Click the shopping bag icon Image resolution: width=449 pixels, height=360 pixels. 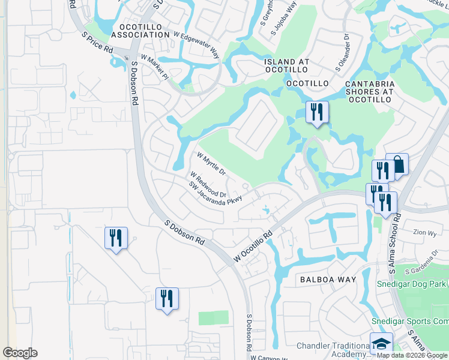click(397, 164)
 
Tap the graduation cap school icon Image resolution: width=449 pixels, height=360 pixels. click(381, 344)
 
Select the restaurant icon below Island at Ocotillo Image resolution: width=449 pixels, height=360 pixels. click(316, 112)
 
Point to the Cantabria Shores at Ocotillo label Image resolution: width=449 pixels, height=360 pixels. click(369, 88)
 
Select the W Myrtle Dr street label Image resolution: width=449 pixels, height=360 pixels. click(211, 163)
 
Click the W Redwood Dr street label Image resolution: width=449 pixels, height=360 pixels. click(208, 185)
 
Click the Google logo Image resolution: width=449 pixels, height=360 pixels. click(20, 353)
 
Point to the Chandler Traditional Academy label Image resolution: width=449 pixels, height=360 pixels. click(333, 350)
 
